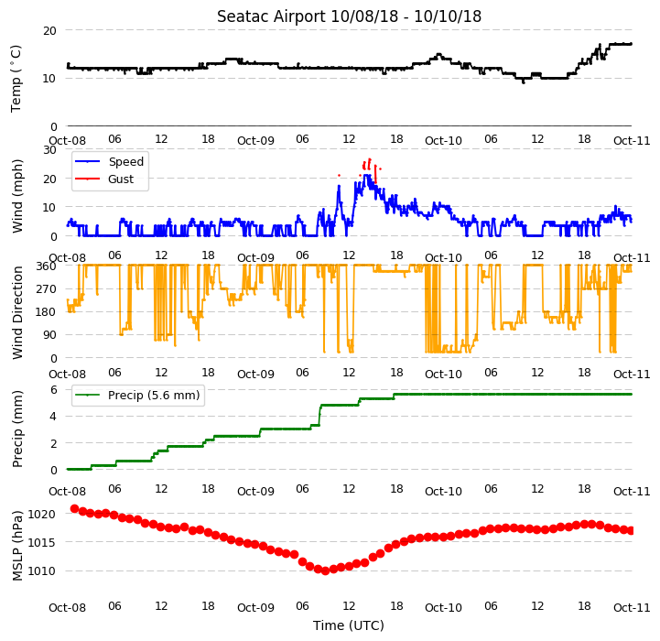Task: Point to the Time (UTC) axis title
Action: [349, 625]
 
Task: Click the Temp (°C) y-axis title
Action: [16, 79]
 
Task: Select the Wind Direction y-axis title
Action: [16, 312]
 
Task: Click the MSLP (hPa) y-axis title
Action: [16, 546]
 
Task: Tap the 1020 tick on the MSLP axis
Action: [41, 514]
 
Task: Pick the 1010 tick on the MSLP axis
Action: [41, 571]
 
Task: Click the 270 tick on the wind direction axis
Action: [48, 289]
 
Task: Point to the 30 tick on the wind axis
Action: [49, 150]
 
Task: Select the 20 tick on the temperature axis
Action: [49, 31]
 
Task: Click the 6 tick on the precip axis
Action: [54, 389]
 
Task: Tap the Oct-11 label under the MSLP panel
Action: [632, 608]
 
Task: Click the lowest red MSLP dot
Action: [325, 570]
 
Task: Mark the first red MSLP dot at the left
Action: [74, 509]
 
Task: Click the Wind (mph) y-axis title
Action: [16, 196]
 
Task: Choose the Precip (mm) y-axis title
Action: [16, 429]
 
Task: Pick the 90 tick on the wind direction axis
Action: [49, 335]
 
